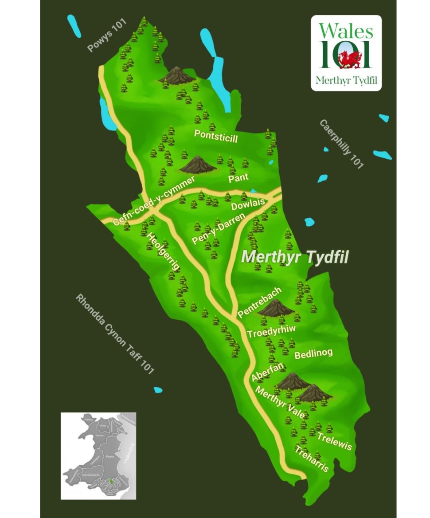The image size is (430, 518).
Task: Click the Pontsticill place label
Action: (216, 137)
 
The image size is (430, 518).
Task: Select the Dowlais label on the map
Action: (248, 204)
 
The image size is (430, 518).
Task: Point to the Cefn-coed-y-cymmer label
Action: (154, 201)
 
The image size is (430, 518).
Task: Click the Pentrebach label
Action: (259, 302)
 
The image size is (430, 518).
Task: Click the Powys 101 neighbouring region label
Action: (107, 35)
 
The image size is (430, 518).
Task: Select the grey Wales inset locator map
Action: (98, 456)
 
